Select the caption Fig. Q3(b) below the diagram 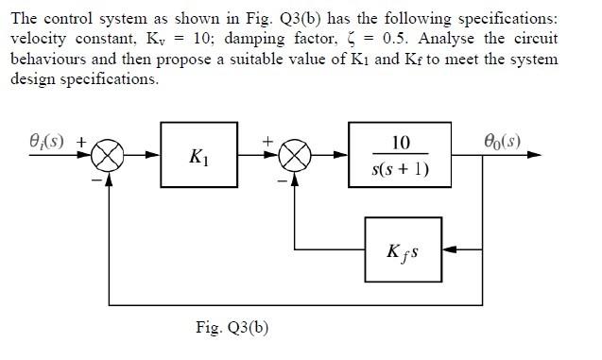pyautogui.click(x=232, y=328)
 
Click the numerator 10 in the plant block pyautogui.click(x=400, y=143)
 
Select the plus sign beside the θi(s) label pyautogui.click(x=81, y=142)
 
